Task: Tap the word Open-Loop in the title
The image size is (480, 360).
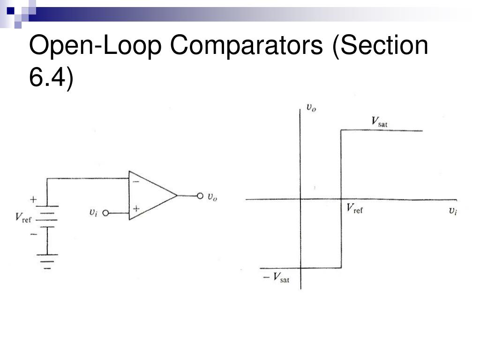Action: (x=96, y=46)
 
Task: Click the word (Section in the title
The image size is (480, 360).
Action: (x=380, y=46)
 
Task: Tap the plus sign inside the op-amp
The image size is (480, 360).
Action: (x=136, y=209)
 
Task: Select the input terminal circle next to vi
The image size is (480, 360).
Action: (x=105, y=213)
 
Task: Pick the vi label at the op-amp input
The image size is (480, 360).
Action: (x=93, y=212)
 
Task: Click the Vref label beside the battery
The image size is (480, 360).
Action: (x=23, y=217)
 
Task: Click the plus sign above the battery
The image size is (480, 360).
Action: (x=33, y=199)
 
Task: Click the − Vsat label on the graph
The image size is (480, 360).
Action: (x=276, y=278)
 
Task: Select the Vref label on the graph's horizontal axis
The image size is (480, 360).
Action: (x=354, y=209)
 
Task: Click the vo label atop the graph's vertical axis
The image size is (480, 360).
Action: (x=311, y=108)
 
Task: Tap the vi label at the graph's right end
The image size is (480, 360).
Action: (x=452, y=210)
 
